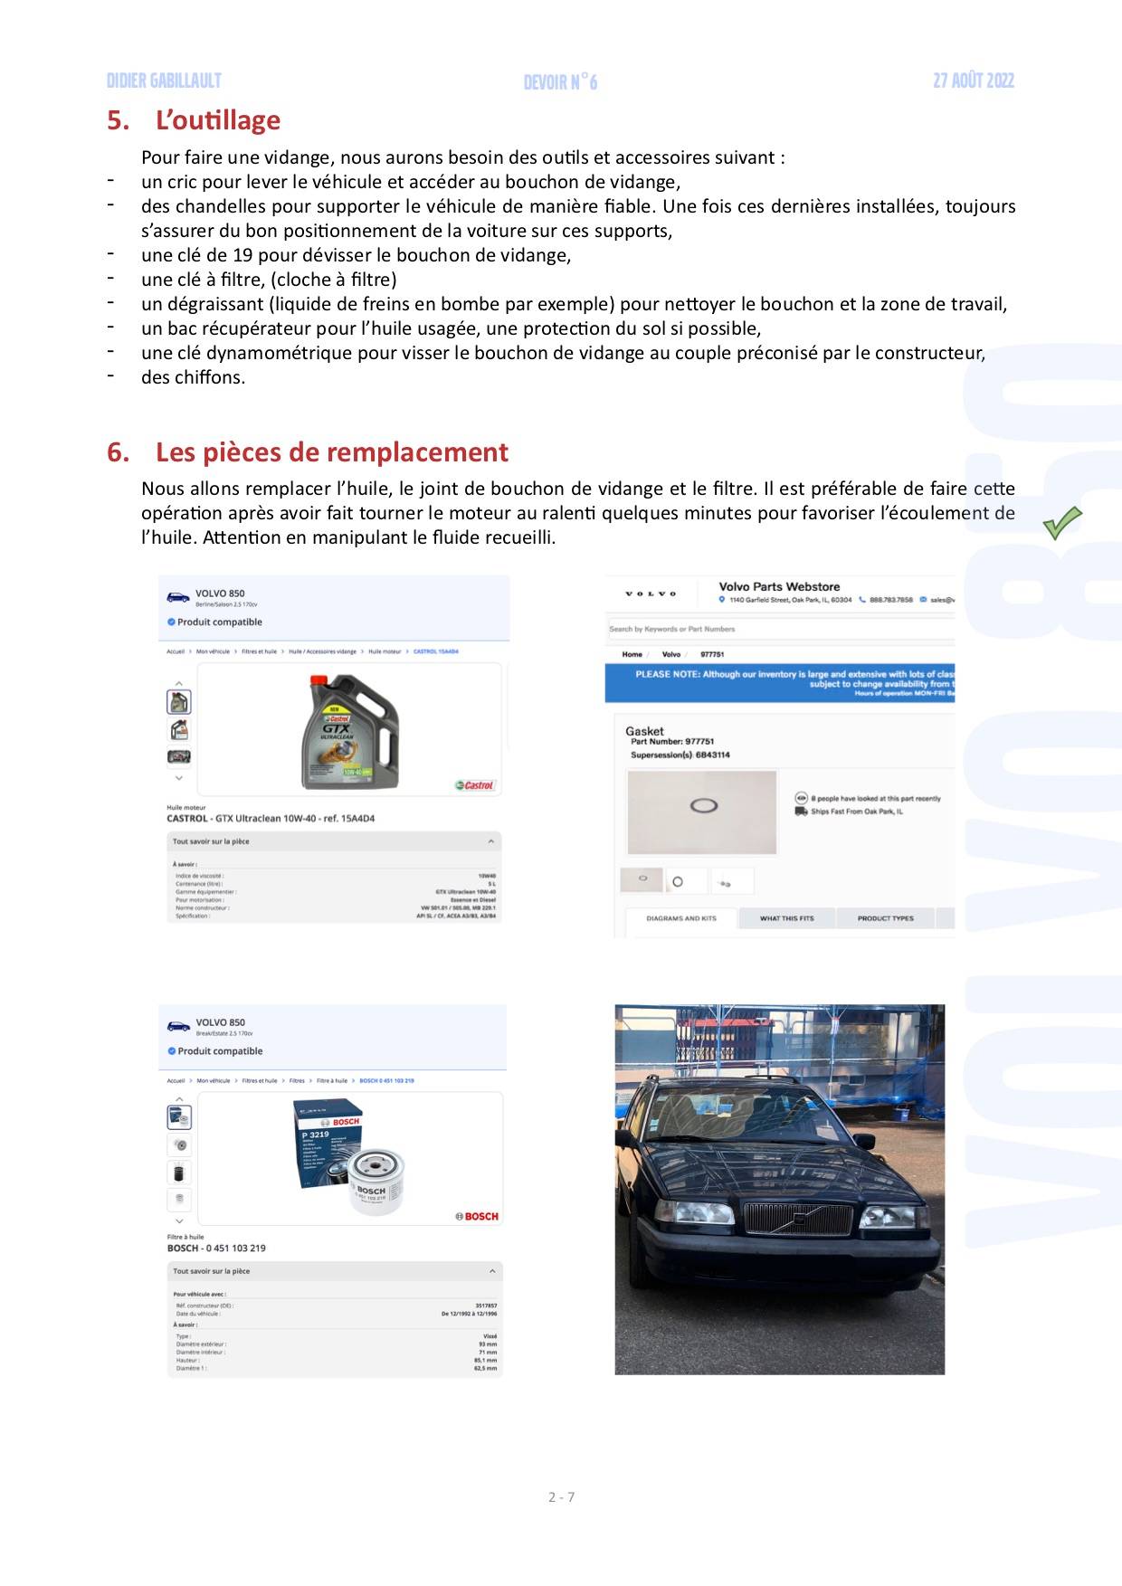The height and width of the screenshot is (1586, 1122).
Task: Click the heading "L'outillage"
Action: tap(217, 120)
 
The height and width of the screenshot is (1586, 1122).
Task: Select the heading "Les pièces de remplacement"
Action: tap(331, 451)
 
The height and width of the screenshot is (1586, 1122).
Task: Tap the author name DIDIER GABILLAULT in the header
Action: tap(164, 81)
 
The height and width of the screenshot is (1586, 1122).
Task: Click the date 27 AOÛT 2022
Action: tap(973, 81)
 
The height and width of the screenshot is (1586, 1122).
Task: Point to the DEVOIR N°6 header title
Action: tap(560, 83)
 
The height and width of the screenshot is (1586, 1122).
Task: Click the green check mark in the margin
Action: tap(1061, 523)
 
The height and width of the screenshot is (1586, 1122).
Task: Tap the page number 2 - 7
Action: tap(561, 1496)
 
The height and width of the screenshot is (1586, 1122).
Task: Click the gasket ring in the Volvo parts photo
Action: tap(703, 804)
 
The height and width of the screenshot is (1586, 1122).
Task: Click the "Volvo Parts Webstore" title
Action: tap(779, 587)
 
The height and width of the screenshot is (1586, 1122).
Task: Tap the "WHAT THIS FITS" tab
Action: tap(786, 918)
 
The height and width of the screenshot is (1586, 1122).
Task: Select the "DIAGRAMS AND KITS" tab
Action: tap(680, 918)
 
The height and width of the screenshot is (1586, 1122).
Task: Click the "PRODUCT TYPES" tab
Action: tap(885, 918)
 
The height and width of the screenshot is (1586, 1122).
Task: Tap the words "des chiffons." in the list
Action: tap(193, 377)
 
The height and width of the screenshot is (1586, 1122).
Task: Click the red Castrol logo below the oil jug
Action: tap(475, 785)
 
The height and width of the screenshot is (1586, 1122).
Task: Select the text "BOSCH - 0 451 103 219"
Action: tap(216, 1248)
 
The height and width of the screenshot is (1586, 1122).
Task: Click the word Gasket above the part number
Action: tap(644, 731)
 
